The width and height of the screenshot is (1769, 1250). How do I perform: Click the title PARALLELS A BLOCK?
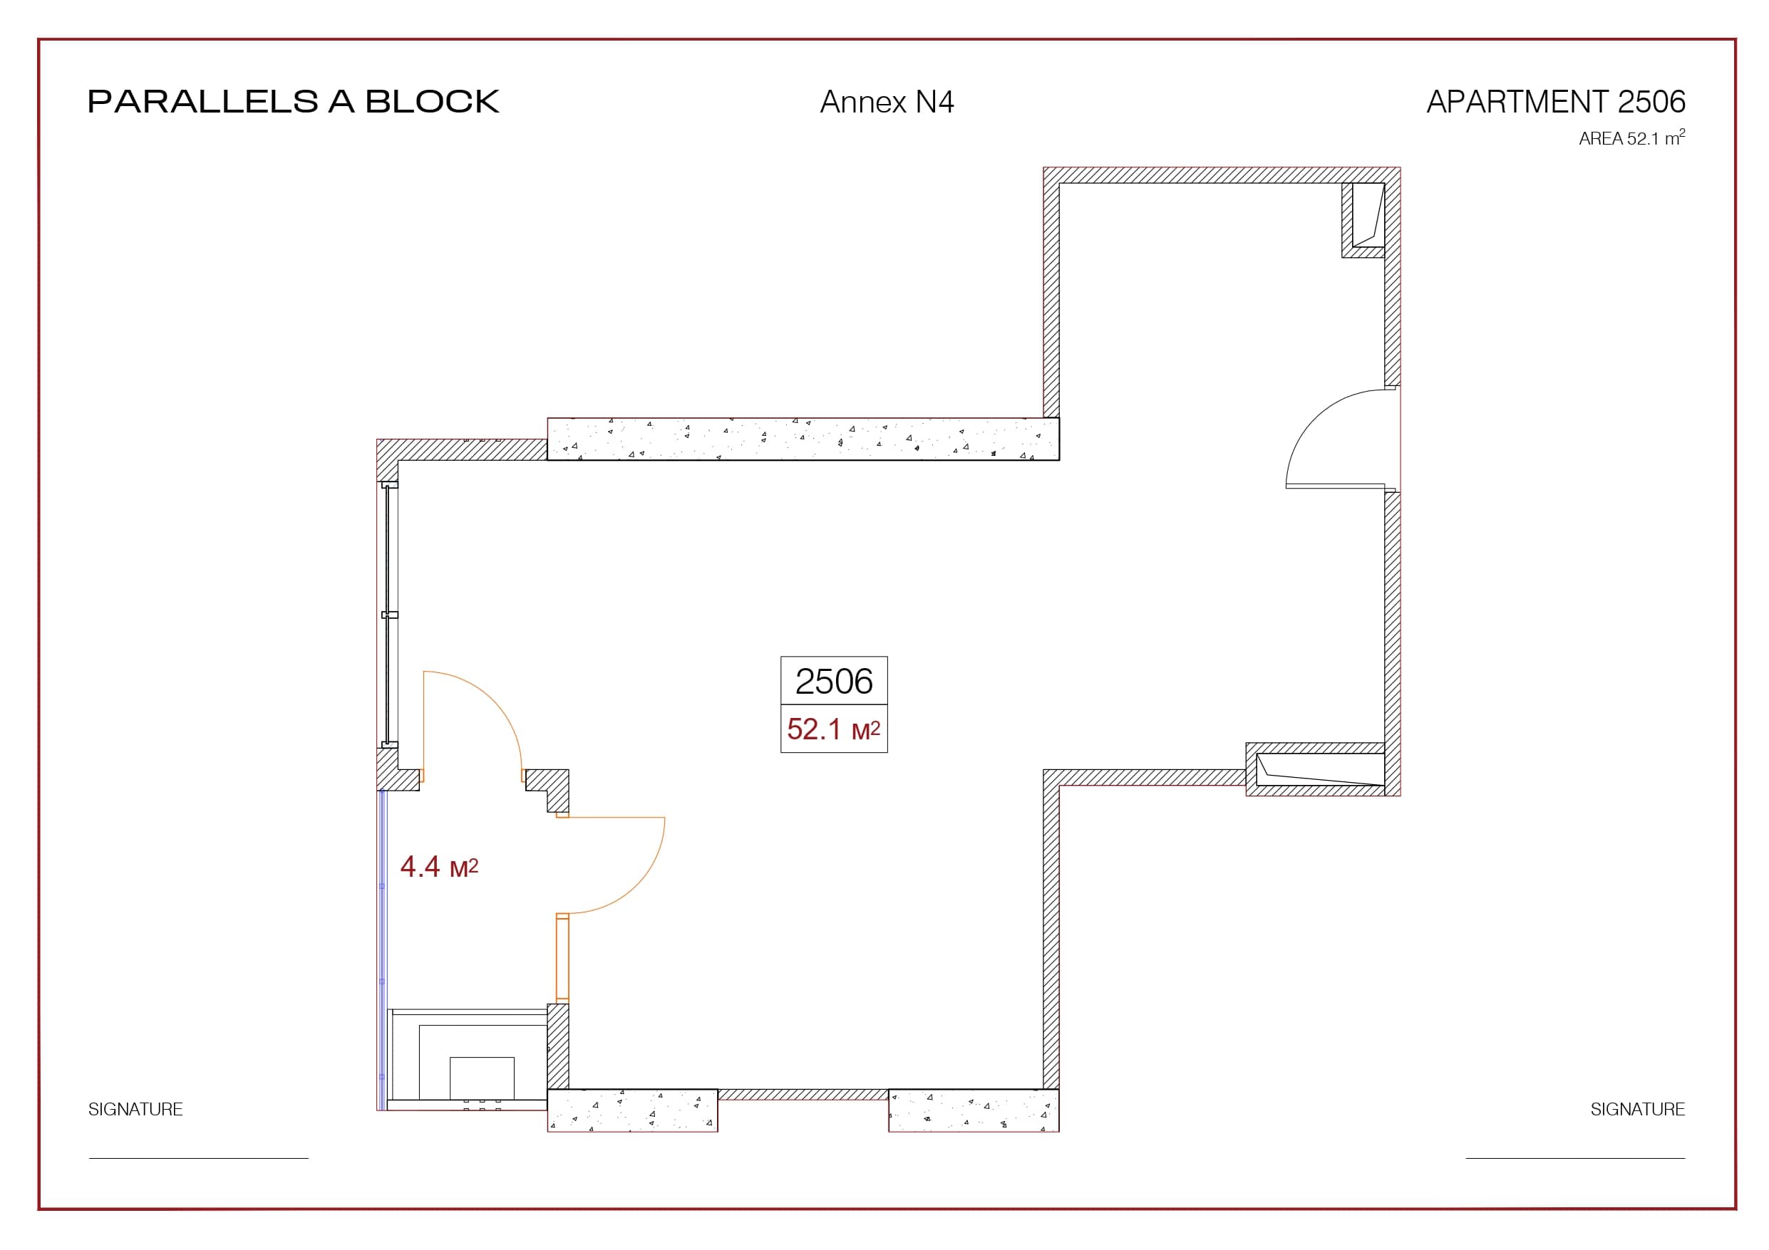[294, 102]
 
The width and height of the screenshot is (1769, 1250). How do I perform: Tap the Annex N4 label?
[887, 102]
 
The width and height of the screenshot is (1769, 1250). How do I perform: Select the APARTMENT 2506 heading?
[1556, 102]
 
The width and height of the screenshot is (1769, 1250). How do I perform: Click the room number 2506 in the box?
[834, 681]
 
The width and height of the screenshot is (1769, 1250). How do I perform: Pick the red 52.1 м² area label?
[834, 729]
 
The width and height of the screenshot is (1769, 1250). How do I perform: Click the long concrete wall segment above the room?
[803, 439]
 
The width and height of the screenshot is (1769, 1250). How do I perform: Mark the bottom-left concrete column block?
[633, 1110]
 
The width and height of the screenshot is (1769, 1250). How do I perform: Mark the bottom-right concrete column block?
[974, 1110]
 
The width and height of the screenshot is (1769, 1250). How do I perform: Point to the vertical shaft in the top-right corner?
[1363, 219]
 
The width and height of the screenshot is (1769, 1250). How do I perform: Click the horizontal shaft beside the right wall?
[1315, 769]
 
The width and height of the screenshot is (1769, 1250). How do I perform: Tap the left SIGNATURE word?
[135, 1109]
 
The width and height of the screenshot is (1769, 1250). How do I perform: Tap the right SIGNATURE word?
[1637, 1109]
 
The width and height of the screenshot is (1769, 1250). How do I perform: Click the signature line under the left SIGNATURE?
[199, 1157]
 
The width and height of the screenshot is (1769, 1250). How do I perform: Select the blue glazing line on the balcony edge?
[381, 950]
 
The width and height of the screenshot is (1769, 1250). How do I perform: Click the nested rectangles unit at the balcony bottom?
[467, 1059]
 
